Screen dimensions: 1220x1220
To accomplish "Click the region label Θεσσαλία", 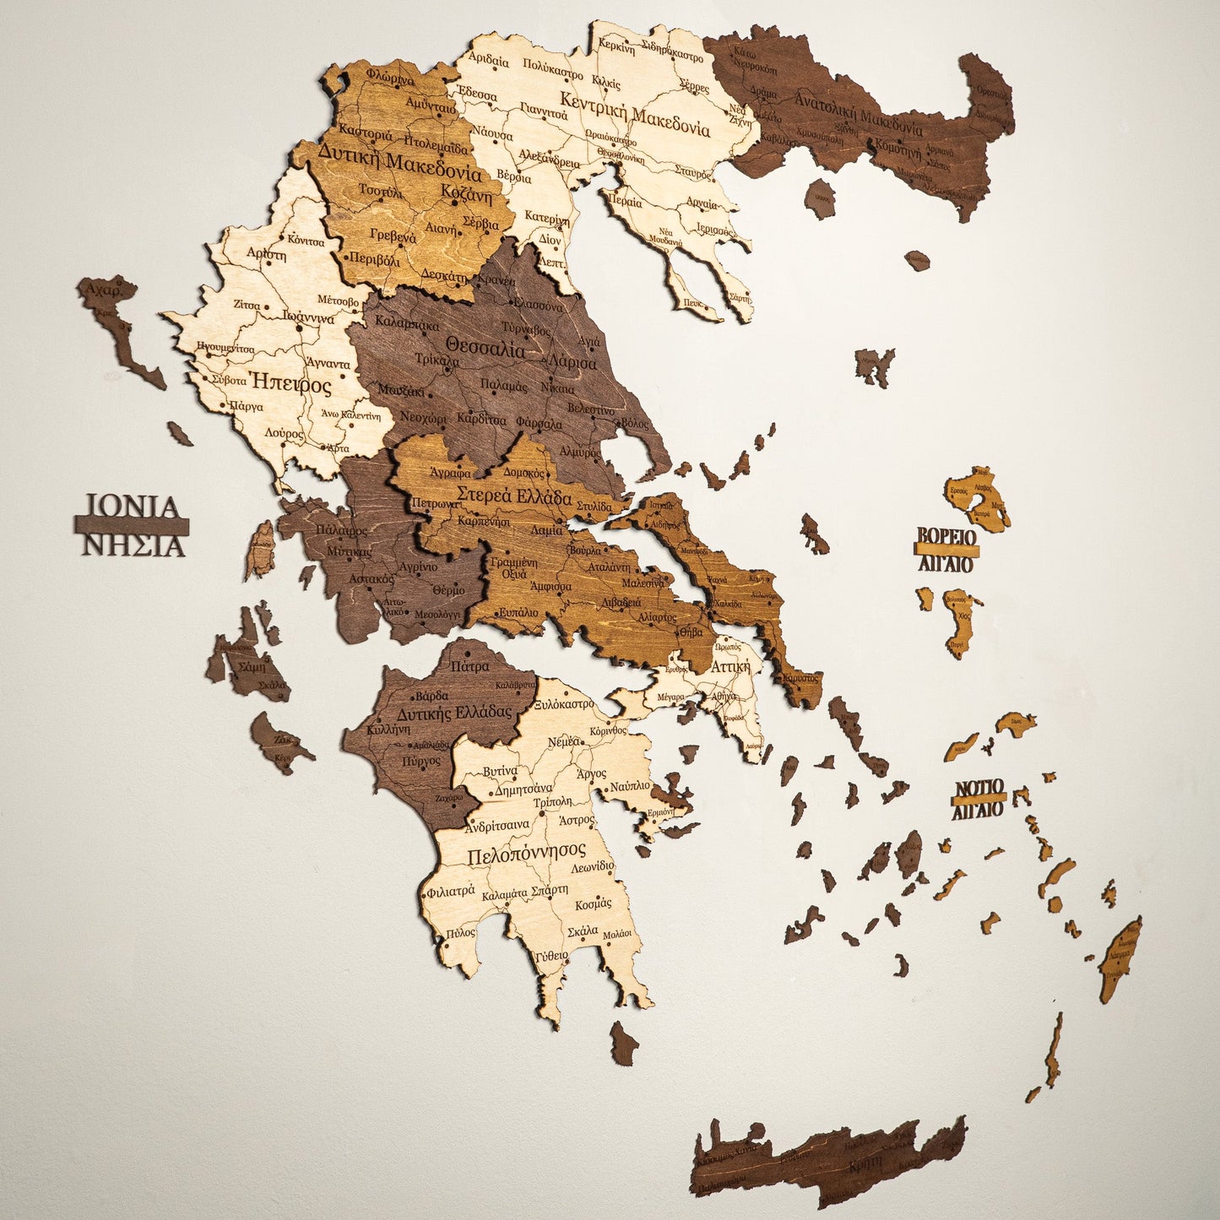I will pyautogui.click(x=485, y=347).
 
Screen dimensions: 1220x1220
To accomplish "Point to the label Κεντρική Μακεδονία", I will pyautogui.click(x=635, y=120).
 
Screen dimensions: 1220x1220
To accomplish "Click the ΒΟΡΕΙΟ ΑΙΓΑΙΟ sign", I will pyautogui.click(x=946, y=548).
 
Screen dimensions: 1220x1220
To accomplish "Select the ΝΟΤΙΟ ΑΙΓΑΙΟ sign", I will pyautogui.click(x=979, y=799).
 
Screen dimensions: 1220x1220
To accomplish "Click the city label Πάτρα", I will pyautogui.click(x=469, y=666).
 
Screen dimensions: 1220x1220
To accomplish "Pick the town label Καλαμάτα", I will pyautogui.click(x=504, y=893).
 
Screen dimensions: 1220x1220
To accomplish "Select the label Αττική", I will pyautogui.click(x=729, y=666).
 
